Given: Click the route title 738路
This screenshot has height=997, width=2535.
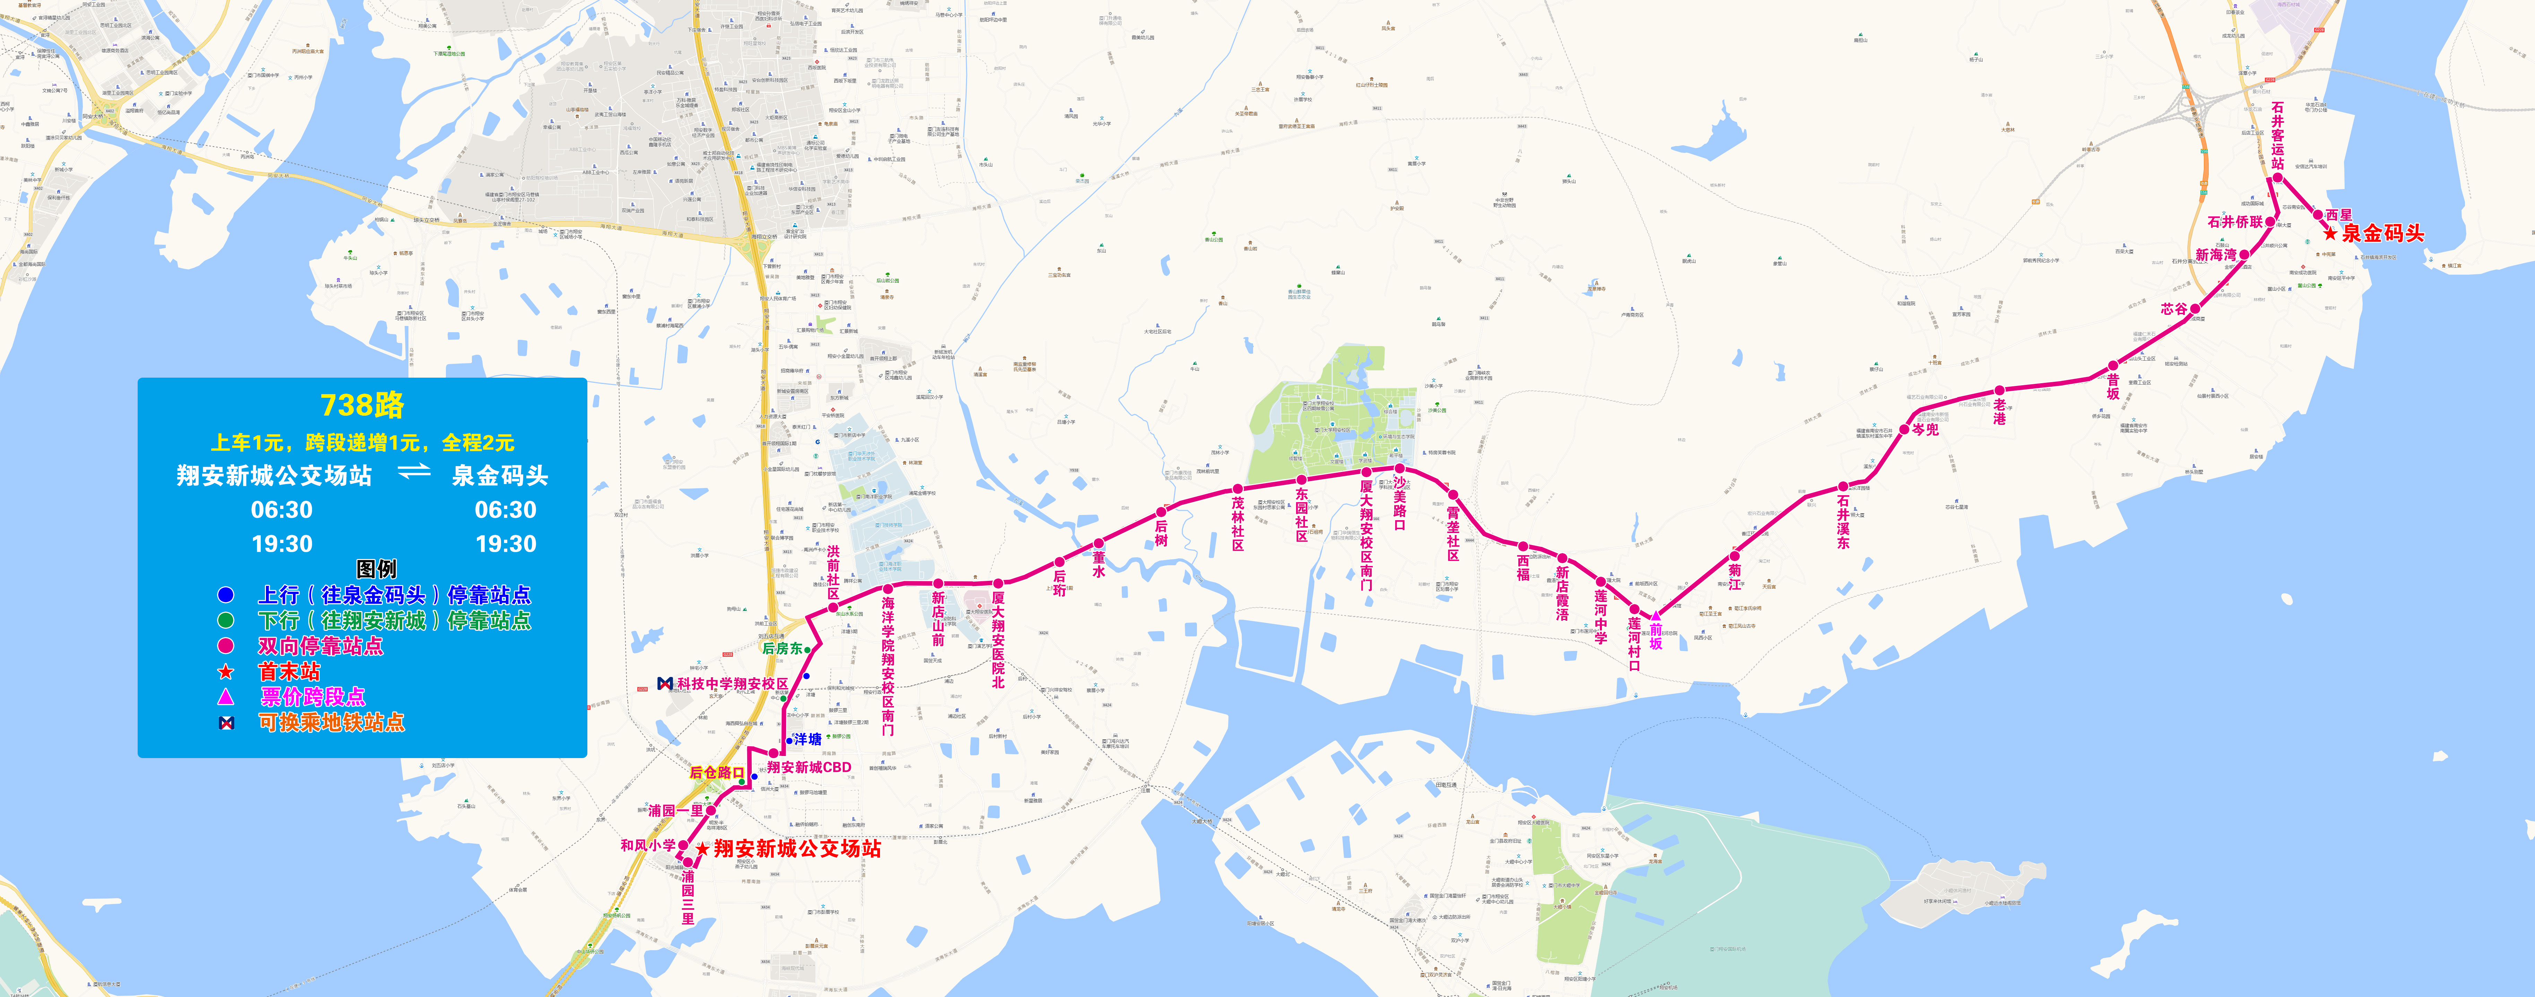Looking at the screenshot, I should pyautogui.click(x=362, y=404).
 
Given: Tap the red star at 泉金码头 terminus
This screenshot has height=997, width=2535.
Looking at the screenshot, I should pyautogui.click(x=2329, y=233).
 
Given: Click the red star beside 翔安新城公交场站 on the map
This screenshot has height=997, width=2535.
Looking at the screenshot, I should pyautogui.click(x=702, y=848).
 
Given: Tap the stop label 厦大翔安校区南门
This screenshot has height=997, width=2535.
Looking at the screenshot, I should pyautogui.click(x=1366, y=534).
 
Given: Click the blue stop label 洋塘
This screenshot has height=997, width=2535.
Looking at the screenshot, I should pyautogui.click(x=807, y=739).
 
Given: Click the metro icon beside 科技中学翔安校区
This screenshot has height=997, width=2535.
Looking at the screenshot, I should pyautogui.click(x=664, y=683).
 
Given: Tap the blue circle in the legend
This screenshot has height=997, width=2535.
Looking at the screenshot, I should pyautogui.click(x=225, y=594).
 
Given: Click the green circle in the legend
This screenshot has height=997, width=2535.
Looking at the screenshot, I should pyautogui.click(x=225, y=620).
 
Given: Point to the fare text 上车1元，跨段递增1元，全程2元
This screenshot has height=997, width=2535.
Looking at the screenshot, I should pyautogui.click(x=362, y=443).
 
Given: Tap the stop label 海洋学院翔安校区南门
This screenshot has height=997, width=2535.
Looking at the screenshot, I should pyautogui.click(x=888, y=665).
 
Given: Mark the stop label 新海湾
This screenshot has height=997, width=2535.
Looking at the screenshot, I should pyautogui.click(x=2215, y=255).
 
